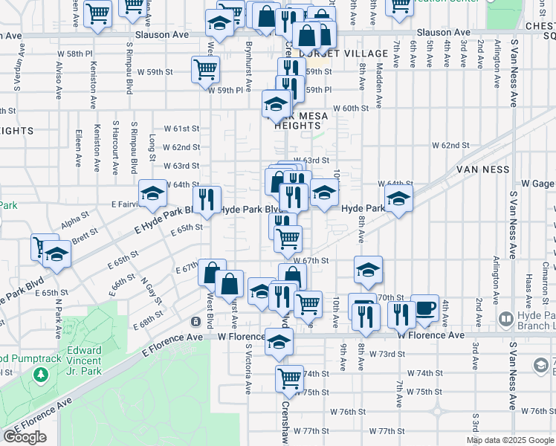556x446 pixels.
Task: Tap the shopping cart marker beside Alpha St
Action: coord(44,245)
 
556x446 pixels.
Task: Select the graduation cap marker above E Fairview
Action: coord(153,193)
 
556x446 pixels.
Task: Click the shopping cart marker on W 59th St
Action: coord(205,69)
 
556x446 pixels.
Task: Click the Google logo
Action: coord(25,437)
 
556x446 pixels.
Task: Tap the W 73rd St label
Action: coord(387,354)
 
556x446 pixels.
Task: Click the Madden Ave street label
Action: coord(379,83)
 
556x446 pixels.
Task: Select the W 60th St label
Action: coord(351,109)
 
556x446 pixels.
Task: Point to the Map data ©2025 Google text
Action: coord(509,440)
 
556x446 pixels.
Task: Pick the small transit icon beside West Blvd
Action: coord(195,322)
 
